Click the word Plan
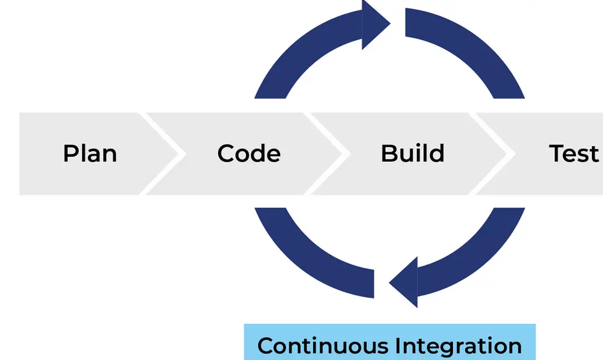tap(90, 154)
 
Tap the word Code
tap(249, 154)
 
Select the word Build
tap(412, 154)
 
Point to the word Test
tap(574, 154)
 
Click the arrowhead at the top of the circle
tap(375, 23)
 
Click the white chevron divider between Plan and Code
tap(162, 154)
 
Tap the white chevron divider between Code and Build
tap(327, 154)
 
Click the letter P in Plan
tap(70, 154)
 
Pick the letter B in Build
tap(388, 154)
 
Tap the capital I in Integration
tap(399, 346)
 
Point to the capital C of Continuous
tap(265, 346)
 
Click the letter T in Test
tap(556, 154)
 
